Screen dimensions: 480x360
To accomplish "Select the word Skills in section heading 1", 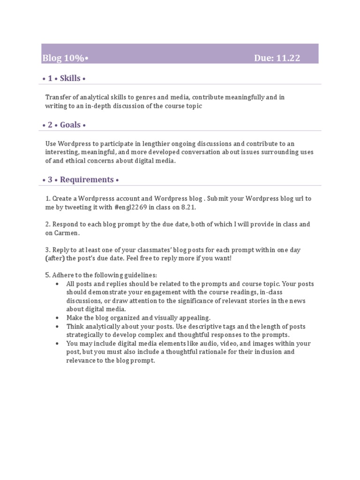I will click(70, 78).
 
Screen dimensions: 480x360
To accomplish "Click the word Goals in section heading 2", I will click(70, 125).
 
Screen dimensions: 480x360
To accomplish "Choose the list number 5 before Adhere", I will click(47, 275).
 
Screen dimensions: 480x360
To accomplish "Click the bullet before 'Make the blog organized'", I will click(57, 317).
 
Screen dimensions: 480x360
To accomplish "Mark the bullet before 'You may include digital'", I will click(57, 343).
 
